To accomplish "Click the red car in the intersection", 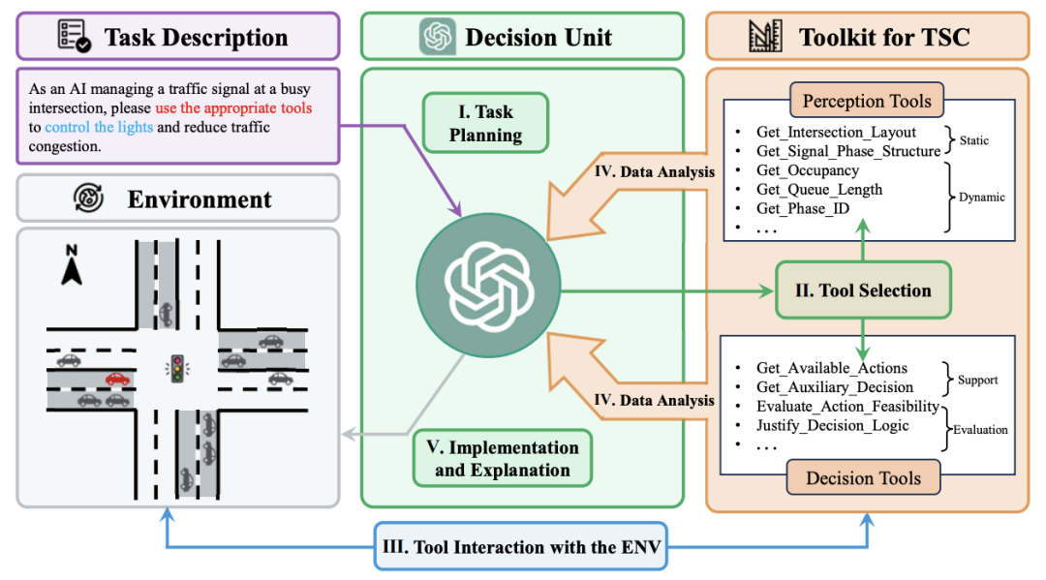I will [x=117, y=379].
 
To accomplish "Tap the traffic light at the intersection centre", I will [x=176, y=366].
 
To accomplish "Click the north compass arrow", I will [x=71, y=265].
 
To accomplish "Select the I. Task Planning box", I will [x=486, y=123].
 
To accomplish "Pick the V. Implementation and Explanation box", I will [x=502, y=459].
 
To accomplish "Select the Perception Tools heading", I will [x=867, y=101].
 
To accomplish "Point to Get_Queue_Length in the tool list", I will [x=819, y=190].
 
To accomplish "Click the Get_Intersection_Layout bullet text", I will [x=836, y=133].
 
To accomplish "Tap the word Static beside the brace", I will [x=974, y=141].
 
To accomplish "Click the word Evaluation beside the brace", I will [x=979, y=430].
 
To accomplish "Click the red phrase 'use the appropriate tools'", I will [x=233, y=108].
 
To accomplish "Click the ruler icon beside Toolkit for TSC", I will [x=765, y=37].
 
